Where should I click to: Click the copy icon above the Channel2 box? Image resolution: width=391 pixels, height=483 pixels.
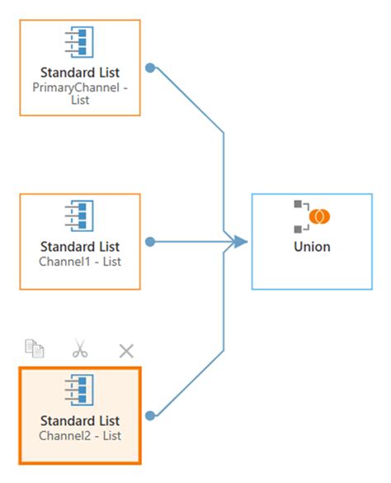[x=35, y=349]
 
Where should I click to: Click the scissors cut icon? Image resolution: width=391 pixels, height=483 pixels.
[x=80, y=349]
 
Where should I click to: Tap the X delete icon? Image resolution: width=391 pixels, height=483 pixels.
[x=126, y=350]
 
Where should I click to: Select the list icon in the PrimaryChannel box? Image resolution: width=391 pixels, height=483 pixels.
[x=80, y=42]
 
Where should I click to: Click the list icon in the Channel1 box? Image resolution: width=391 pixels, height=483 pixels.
[x=80, y=215]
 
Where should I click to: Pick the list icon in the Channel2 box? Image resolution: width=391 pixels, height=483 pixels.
[x=80, y=389]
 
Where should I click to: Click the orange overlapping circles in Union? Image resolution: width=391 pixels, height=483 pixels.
[x=318, y=216]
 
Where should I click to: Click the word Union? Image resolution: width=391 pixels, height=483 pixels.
[x=312, y=246]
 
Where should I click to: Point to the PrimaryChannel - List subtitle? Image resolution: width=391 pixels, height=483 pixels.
[x=80, y=92]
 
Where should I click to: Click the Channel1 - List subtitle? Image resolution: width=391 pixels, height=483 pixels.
[x=80, y=261]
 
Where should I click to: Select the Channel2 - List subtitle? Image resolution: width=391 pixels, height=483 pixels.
[x=80, y=434]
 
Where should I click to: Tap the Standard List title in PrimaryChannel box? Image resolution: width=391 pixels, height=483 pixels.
[x=80, y=73]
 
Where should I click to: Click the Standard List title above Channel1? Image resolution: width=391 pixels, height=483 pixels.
[x=80, y=246]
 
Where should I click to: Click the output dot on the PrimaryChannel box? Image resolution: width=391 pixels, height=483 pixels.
[x=150, y=68]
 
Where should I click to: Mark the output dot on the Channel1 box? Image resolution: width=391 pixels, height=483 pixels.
[x=150, y=242]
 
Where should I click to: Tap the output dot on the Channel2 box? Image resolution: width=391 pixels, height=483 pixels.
[x=150, y=415]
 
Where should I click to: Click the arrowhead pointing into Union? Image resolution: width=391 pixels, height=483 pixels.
[x=240, y=242]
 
